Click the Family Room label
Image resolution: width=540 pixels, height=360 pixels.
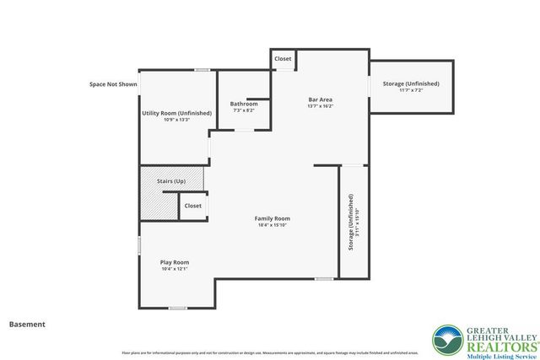pyautogui.click(x=273, y=218)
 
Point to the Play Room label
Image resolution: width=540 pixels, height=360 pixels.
pyautogui.click(x=175, y=262)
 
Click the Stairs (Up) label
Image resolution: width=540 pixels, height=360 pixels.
pyautogui.click(x=171, y=181)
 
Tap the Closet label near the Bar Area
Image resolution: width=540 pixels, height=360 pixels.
pyautogui.click(x=283, y=59)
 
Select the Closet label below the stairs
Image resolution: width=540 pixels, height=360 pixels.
pyautogui.click(x=193, y=206)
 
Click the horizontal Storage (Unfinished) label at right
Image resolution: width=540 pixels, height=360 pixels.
pyautogui.click(x=411, y=84)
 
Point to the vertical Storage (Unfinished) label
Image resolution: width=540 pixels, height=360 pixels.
pyautogui.click(x=350, y=222)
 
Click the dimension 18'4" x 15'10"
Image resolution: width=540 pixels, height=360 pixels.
pyautogui.click(x=273, y=225)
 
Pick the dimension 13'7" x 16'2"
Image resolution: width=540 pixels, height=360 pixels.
pyautogui.click(x=321, y=106)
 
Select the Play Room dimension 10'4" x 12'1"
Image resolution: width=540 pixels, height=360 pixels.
pyautogui.click(x=175, y=269)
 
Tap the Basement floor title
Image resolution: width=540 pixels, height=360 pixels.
pyautogui.click(x=27, y=324)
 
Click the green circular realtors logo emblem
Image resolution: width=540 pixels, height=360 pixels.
pyautogui.click(x=446, y=340)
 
